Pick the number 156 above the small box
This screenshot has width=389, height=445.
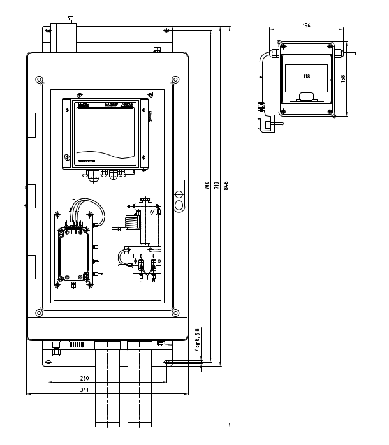pos(307,26)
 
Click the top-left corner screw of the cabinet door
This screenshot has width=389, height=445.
pos(40,79)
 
